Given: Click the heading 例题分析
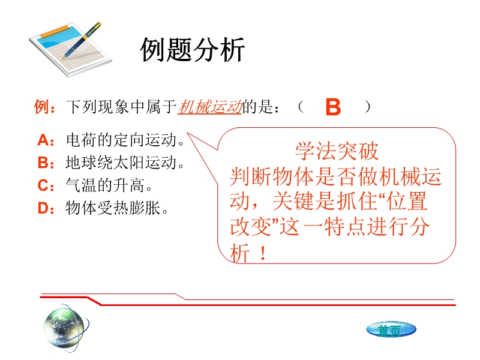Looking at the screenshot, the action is point(192,50).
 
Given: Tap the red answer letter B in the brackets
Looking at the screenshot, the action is point(333,107).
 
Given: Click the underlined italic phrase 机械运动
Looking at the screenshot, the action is point(210,107).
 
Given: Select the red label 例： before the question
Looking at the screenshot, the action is point(44,107).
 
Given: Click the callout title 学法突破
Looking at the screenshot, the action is point(337,151).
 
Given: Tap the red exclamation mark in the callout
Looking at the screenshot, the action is point(263,253).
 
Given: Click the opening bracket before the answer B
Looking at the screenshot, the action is point(301,107).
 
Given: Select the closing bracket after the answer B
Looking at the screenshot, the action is point(367,107).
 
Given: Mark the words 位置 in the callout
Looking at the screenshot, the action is point(407,201).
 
